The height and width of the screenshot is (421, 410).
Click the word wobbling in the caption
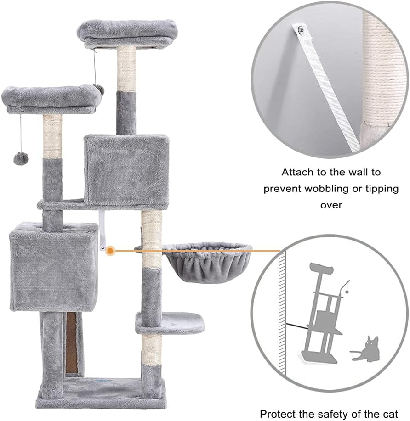tap(335, 189)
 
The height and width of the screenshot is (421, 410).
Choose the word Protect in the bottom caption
tap(281, 413)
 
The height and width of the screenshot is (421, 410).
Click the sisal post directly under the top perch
tap(126, 68)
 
